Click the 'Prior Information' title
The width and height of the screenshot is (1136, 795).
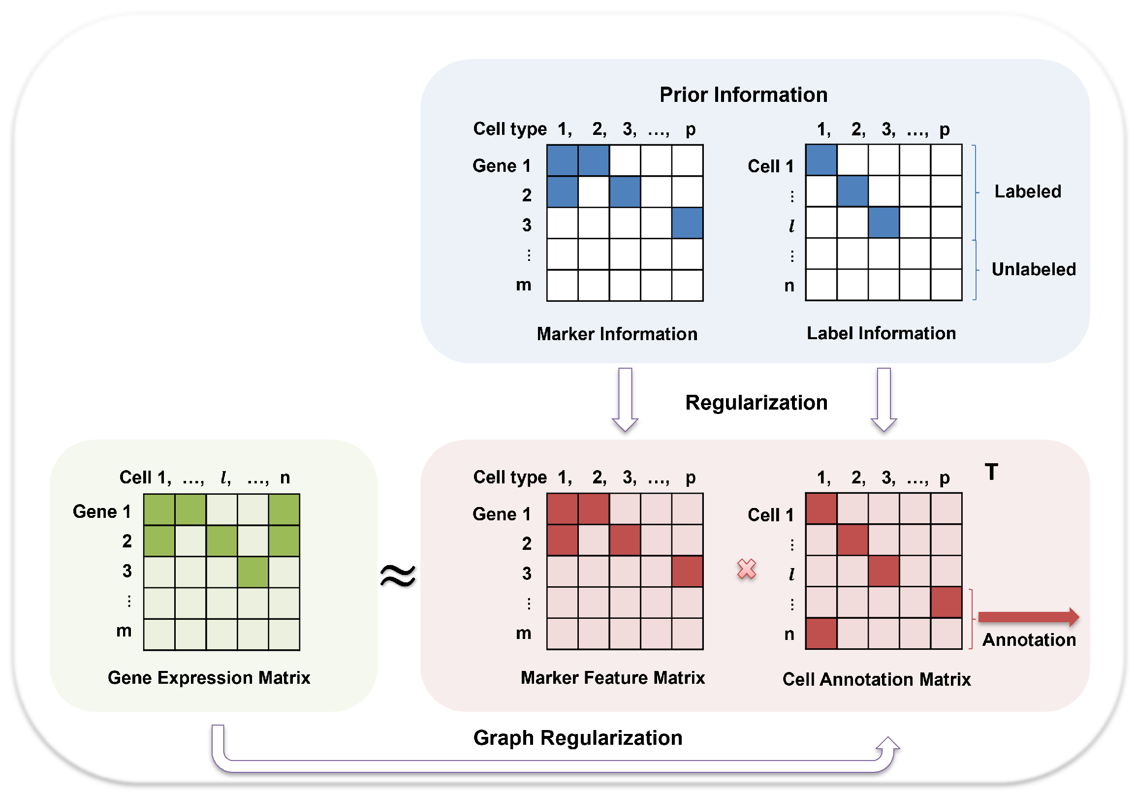click(x=743, y=95)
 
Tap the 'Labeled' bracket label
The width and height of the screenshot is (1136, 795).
click(x=1028, y=191)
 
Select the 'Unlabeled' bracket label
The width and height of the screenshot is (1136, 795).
click(x=1033, y=269)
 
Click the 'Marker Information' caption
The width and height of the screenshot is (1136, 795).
click(x=617, y=334)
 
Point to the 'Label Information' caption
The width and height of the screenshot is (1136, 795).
click(x=881, y=333)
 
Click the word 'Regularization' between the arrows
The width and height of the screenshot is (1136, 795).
click(x=756, y=403)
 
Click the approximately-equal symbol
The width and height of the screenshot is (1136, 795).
click(x=398, y=575)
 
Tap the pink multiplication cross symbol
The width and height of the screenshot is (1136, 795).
click(x=746, y=569)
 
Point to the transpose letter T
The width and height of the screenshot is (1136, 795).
click(x=991, y=472)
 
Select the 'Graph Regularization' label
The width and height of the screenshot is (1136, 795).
click(x=577, y=737)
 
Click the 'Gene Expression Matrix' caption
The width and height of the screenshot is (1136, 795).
click(x=209, y=678)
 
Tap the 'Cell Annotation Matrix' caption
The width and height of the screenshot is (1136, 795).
click(x=876, y=680)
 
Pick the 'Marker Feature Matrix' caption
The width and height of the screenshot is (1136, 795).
click(x=612, y=678)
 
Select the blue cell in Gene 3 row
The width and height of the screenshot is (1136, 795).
click(x=687, y=223)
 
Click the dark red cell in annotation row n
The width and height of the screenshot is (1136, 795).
click(x=821, y=634)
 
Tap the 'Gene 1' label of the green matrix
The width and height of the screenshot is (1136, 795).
click(x=102, y=511)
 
